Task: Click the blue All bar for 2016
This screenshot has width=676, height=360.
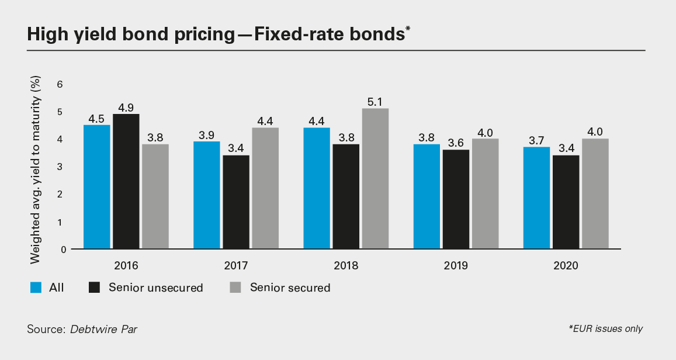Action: (96, 187)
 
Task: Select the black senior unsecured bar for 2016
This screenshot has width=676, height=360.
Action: (126, 182)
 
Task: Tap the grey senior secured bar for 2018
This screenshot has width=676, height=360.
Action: (375, 179)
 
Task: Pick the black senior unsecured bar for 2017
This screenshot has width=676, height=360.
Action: (236, 202)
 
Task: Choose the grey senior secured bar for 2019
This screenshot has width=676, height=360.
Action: (485, 194)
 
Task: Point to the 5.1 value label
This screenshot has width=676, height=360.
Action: (375, 102)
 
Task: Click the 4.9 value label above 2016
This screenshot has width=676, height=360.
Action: (126, 107)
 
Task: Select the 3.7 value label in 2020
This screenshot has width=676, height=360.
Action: (536, 140)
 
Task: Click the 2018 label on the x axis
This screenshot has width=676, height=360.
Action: (346, 265)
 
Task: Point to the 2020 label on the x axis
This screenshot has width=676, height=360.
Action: (565, 265)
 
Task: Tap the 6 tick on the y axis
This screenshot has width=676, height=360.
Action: (60, 84)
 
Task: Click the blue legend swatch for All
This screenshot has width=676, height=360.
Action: (36, 287)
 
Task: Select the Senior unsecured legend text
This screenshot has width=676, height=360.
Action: (155, 288)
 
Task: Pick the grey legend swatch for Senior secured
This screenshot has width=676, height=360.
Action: (235, 287)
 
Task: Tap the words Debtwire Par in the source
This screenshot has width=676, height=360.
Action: (104, 329)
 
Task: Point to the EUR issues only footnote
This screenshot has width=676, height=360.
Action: (605, 329)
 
